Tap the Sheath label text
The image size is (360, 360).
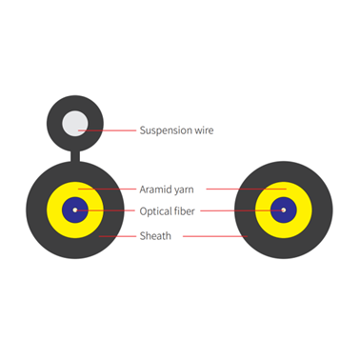pos(155,235)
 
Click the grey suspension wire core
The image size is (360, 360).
pos(74,124)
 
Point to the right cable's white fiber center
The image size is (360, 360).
pos(284,210)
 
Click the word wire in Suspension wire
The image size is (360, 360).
pos(201,130)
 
